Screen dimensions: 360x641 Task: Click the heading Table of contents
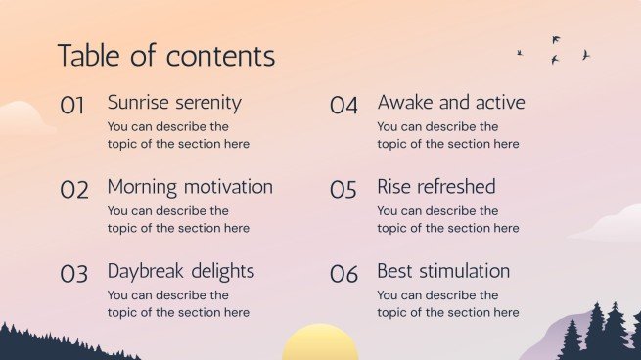point(165,56)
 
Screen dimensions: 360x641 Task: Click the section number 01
point(73,106)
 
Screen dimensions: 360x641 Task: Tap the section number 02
point(74,190)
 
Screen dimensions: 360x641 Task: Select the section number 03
point(74,274)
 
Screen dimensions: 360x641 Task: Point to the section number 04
point(343,106)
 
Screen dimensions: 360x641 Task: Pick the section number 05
point(343,190)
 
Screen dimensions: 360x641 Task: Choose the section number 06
point(343,274)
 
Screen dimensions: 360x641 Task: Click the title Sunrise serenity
point(173,103)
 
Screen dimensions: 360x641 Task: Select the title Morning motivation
point(190,187)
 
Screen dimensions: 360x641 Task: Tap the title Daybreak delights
point(180,271)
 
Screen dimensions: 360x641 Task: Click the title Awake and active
point(450,103)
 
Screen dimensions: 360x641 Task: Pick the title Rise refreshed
point(435,187)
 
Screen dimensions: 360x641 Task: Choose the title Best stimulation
point(443,271)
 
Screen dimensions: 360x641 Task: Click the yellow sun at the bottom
point(320,344)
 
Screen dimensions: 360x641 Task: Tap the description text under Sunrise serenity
point(178,135)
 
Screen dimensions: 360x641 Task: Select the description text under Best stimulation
point(448,303)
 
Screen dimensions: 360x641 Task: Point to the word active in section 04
point(501,103)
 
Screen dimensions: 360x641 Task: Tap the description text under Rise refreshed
point(448,219)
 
